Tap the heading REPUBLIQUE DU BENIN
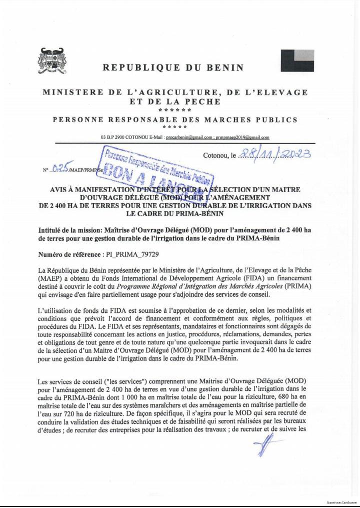click(x=173, y=67)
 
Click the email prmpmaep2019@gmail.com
click(x=242, y=137)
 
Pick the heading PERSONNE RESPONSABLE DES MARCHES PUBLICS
click(x=175, y=120)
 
